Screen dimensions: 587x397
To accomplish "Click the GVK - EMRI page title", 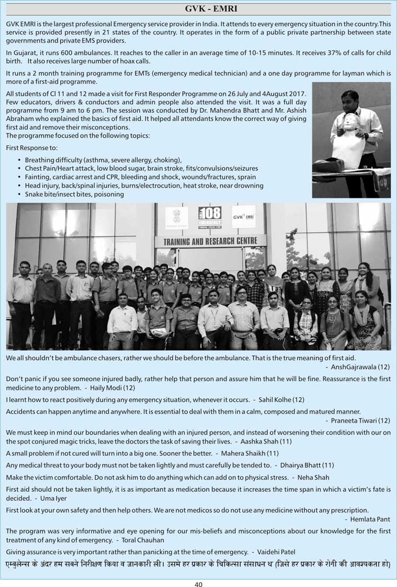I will click(x=198, y=8).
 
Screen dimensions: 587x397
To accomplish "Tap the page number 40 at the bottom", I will click(x=198, y=584).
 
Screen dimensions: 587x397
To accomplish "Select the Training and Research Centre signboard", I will click(x=210, y=241).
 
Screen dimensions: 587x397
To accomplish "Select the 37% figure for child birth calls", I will click(x=322, y=52).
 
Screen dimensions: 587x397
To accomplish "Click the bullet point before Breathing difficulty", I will click(x=20, y=160).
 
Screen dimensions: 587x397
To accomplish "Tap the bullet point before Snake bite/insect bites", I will click(x=20, y=194).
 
